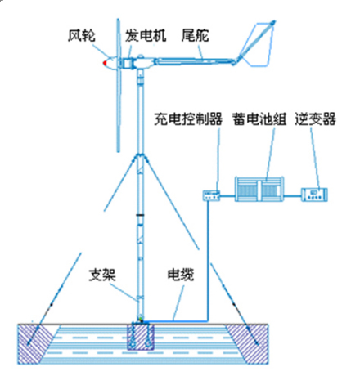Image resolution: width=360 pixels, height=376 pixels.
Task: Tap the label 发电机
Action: tap(146, 35)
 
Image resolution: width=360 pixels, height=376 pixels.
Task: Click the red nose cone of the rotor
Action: tap(104, 61)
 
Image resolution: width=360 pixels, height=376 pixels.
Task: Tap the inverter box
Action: tap(315, 195)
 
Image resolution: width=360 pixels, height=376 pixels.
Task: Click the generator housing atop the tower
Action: tap(136, 61)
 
